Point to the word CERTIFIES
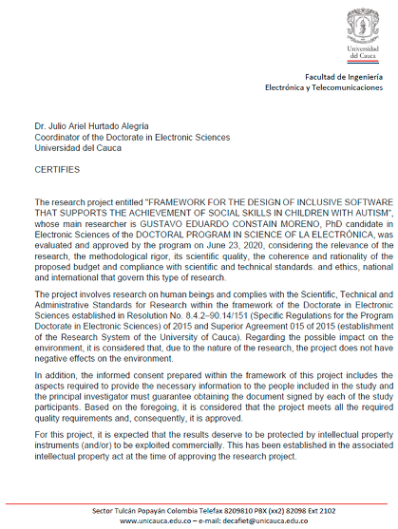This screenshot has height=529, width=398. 57,171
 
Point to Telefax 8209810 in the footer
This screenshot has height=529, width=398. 218,511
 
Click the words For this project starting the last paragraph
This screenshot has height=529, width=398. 63,433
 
